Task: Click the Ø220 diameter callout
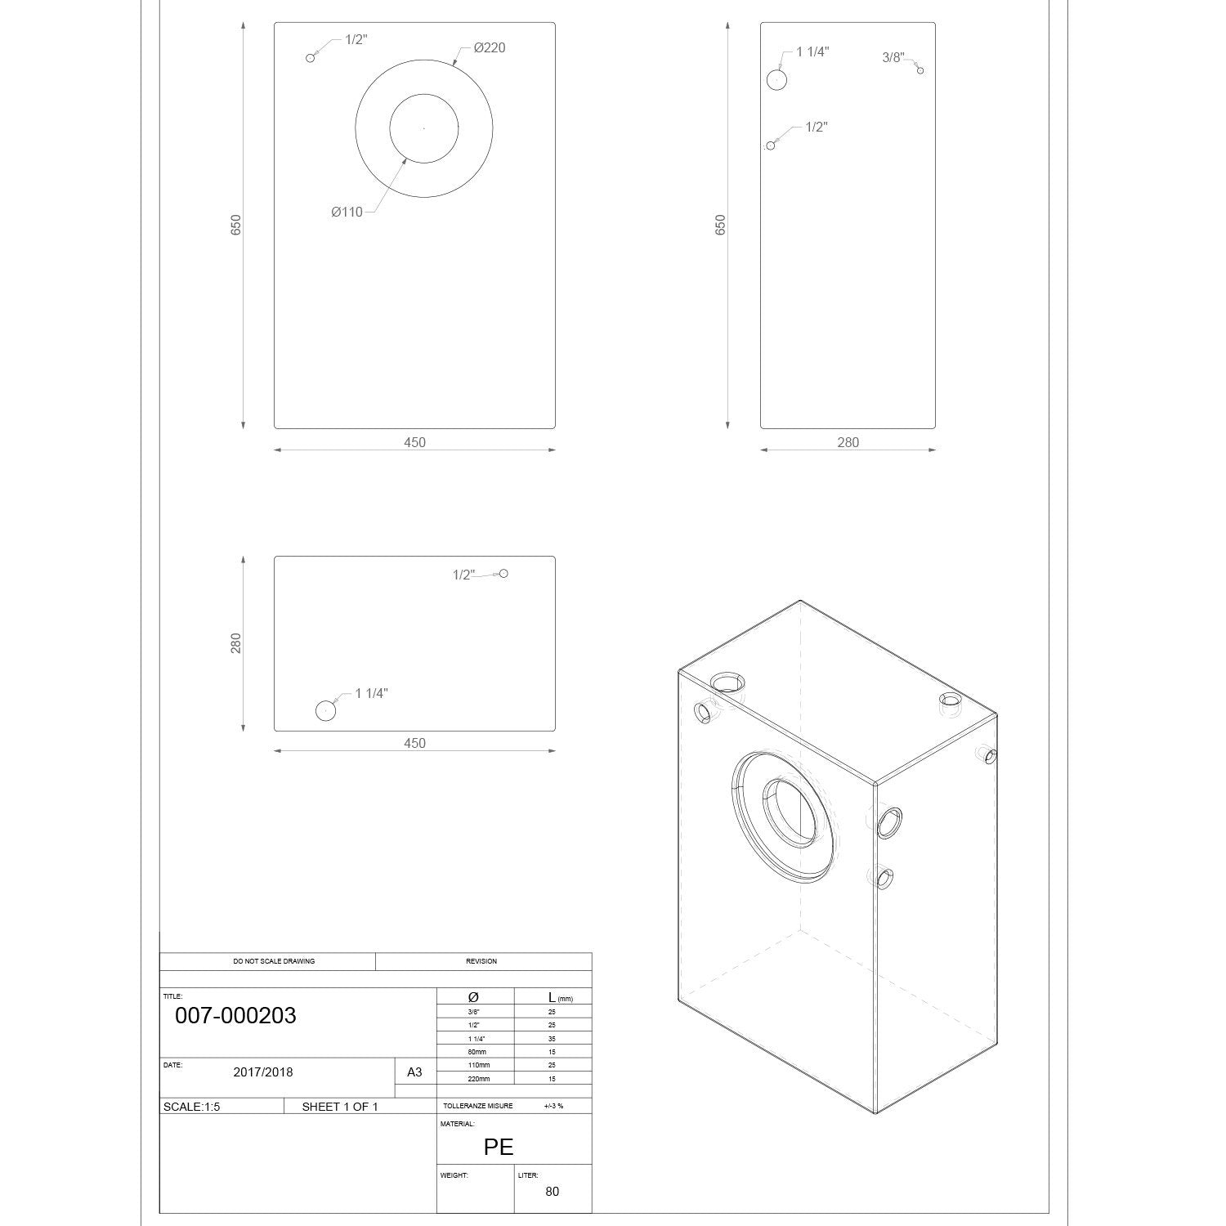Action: coord(490,47)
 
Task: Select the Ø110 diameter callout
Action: coord(347,212)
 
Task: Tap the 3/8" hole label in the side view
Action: coord(893,57)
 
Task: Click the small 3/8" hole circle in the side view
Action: coord(920,71)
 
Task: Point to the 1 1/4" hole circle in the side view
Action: coord(777,79)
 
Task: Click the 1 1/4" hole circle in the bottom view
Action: coord(326,711)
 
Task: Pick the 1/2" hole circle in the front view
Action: coord(310,57)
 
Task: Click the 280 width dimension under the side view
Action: coord(848,442)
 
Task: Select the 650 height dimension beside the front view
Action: coord(236,225)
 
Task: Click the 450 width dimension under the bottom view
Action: coord(414,743)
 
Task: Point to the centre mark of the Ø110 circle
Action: coord(423,128)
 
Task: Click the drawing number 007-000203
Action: coord(235,1016)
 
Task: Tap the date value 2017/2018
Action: coord(263,1072)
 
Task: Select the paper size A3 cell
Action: coord(414,1072)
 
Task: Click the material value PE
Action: coord(499,1147)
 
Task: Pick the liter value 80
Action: coord(553,1191)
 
